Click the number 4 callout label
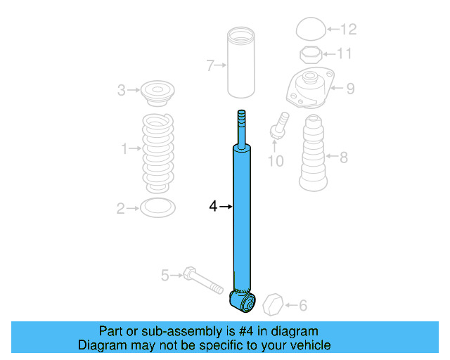pyautogui.click(x=213, y=206)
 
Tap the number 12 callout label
pyautogui.click(x=348, y=30)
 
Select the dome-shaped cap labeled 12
pyautogui.click(x=309, y=30)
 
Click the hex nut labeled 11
pyautogui.click(x=309, y=55)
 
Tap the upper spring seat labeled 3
pyautogui.click(x=157, y=91)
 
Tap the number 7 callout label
pyautogui.click(x=210, y=66)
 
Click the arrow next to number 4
pyautogui.click(x=225, y=206)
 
